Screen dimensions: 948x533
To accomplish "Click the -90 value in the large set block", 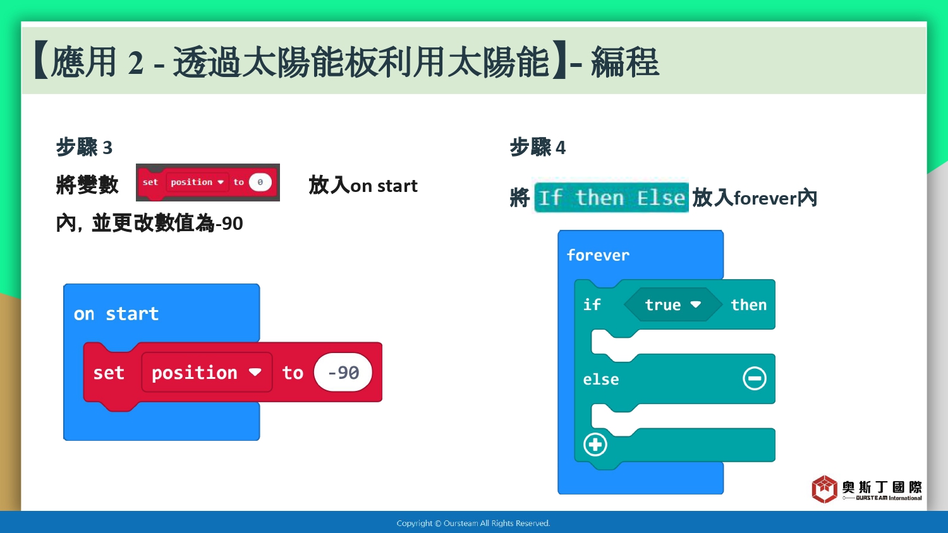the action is pyautogui.click(x=343, y=373).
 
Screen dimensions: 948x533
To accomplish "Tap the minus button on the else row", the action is pyautogui.click(x=755, y=378).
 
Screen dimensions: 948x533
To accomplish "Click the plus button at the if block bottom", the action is pyautogui.click(x=595, y=445).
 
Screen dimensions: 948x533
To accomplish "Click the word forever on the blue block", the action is pyautogui.click(x=598, y=255).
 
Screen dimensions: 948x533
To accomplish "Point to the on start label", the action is pyautogui.click(x=116, y=314).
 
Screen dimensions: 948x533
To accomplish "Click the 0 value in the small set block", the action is pyautogui.click(x=260, y=183).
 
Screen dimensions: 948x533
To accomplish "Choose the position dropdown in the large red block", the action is pyautogui.click(x=207, y=373).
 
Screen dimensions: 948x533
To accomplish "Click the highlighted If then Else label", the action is pyautogui.click(x=612, y=198).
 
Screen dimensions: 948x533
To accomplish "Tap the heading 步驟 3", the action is pyautogui.click(x=84, y=147).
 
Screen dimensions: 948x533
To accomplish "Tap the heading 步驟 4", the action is pyautogui.click(x=537, y=147).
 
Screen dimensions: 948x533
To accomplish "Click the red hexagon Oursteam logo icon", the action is pyautogui.click(x=824, y=489).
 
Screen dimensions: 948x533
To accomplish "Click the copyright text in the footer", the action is pyautogui.click(x=473, y=524).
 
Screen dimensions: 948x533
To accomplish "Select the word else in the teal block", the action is pyautogui.click(x=601, y=380).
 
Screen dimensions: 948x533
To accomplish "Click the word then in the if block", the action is pyautogui.click(x=749, y=304).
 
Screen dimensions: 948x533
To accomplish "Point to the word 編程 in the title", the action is pyautogui.click(x=625, y=62).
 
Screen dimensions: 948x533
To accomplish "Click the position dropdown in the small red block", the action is pyautogui.click(x=197, y=183).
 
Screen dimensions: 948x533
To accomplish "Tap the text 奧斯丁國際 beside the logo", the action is pyautogui.click(x=882, y=487).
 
